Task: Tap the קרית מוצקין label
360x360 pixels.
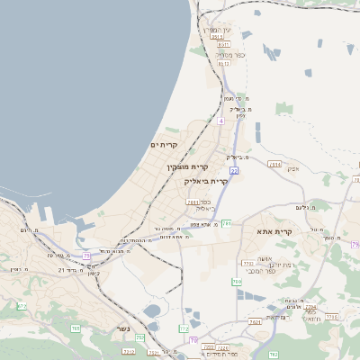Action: coord(187,167)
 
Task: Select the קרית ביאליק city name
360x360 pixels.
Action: coord(206,181)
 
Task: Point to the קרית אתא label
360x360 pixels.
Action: coord(276,232)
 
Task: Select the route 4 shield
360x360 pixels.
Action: coord(220,120)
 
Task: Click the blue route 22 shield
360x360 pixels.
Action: coord(233,170)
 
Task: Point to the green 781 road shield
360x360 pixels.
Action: coord(227,222)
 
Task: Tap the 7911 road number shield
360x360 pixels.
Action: coord(193,202)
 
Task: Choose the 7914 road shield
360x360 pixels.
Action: coord(274,165)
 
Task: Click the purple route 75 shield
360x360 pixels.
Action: coord(86,256)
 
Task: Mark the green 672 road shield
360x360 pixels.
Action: coord(22,307)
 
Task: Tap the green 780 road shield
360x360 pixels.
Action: coord(237,282)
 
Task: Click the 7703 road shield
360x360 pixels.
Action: coord(247,264)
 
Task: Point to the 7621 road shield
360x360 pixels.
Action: coord(255,321)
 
